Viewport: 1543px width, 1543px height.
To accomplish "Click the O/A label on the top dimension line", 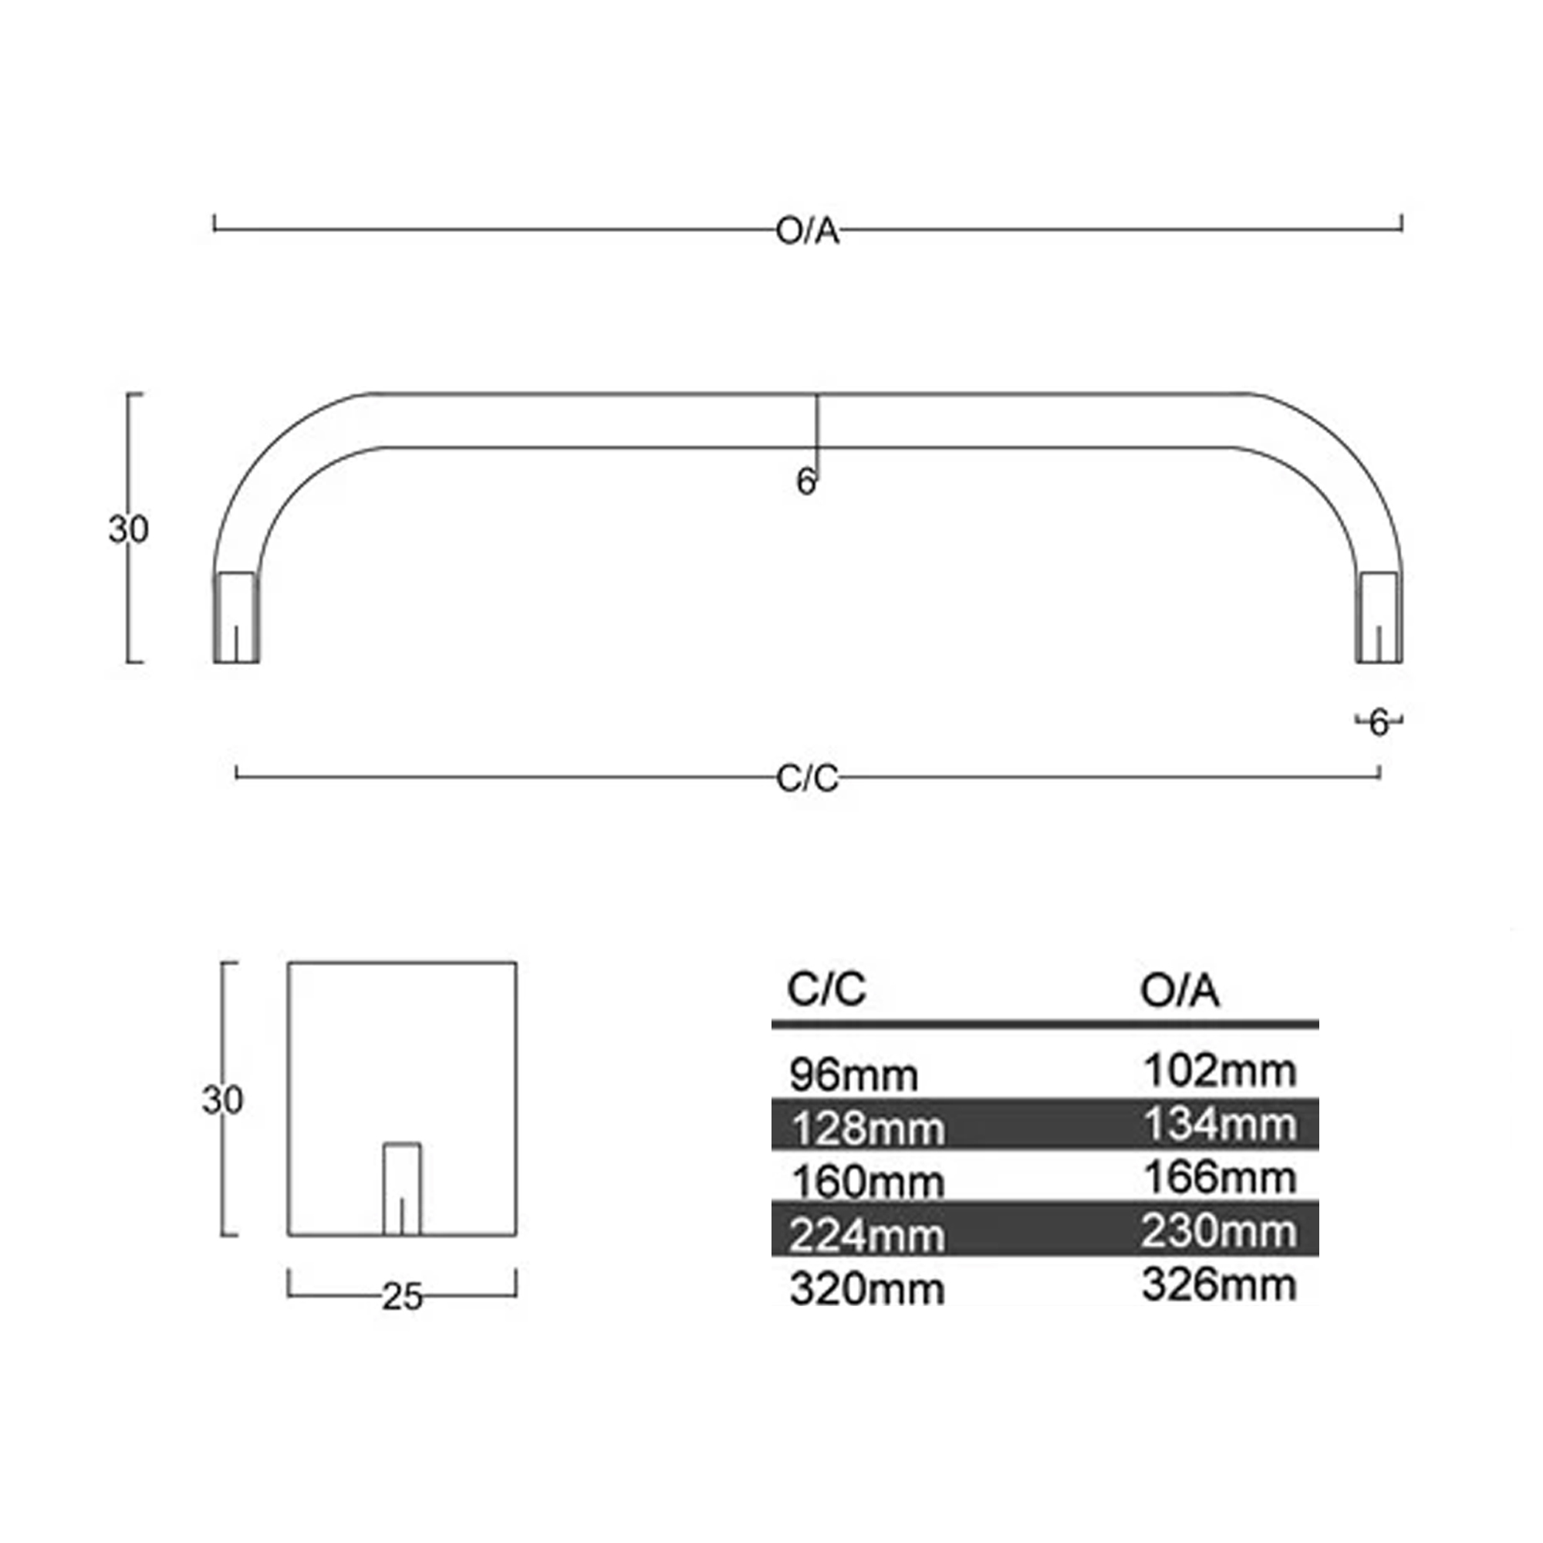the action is point(808,231).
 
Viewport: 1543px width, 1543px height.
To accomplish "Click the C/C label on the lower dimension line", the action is point(808,778).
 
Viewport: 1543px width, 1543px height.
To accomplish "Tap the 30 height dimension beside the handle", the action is point(129,529).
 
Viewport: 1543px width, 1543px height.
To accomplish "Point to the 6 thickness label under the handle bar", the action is point(806,481).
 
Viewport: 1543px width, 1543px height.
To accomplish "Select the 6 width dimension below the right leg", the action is point(1379,724).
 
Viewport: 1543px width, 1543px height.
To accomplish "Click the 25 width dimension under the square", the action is point(402,1297).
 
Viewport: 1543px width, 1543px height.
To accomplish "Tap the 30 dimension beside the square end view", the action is point(222,1101).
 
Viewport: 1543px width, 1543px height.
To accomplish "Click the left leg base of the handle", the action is point(235,617).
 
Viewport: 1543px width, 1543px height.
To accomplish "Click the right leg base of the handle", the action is point(1379,617).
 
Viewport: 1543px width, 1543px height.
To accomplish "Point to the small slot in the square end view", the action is point(402,1189).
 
